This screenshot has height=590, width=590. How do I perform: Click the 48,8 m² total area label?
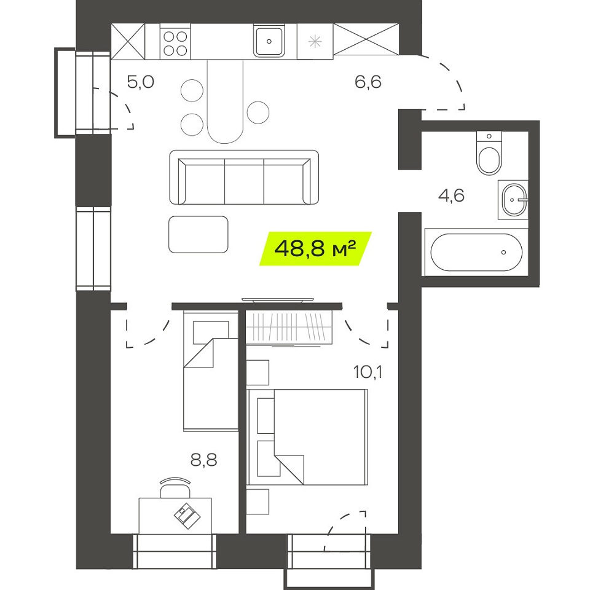click(x=315, y=248)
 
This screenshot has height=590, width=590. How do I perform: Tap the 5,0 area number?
click(x=141, y=82)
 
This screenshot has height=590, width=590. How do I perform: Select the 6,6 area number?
click(x=368, y=82)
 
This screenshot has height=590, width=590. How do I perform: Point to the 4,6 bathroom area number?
click(x=452, y=195)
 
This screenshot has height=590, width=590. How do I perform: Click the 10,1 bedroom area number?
click(x=368, y=372)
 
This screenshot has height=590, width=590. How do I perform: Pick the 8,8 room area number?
click(x=203, y=460)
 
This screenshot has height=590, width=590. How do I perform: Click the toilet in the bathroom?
click(x=489, y=152)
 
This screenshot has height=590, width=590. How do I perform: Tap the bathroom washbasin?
click(x=513, y=199)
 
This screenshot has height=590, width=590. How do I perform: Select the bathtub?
click(x=476, y=252)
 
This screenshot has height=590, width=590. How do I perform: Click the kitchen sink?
click(x=269, y=41)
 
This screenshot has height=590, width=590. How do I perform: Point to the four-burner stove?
click(x=175, y=42)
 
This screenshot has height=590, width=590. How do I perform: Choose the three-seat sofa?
click(x=244, y=177)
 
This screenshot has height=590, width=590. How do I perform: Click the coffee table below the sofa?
click(x=199, y=234)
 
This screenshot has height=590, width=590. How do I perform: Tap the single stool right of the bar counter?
click(x=258, y=112)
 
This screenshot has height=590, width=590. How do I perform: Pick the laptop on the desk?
click(x=187, y=516)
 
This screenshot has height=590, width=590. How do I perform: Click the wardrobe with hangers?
click(x=289, y=326)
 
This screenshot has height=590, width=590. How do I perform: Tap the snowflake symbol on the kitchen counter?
click(x=315, y=41)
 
